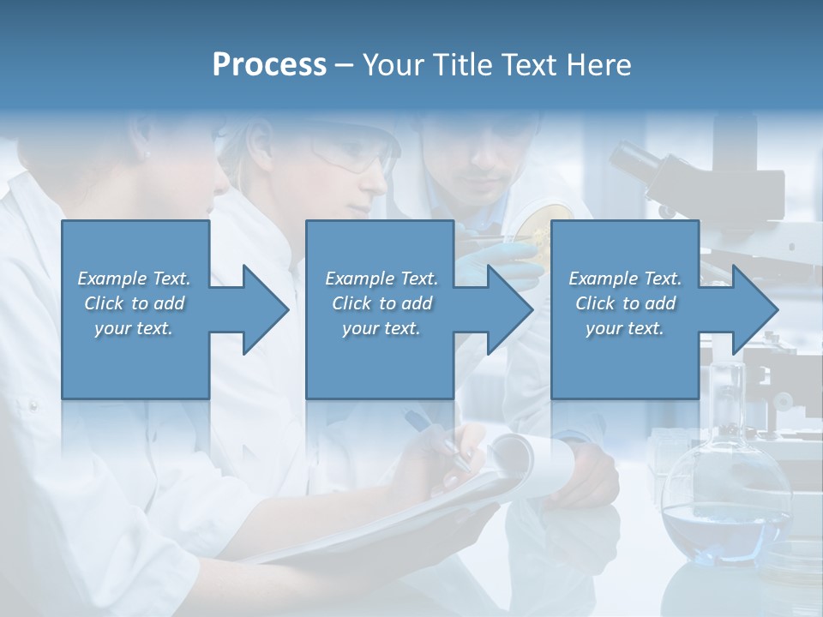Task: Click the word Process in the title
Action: [269, 65]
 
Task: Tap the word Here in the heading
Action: [598, 65]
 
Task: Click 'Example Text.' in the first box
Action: [134, 279]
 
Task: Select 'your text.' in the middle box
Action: [381, 328]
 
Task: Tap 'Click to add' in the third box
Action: [625, 303]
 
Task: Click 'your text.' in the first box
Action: [134, 328]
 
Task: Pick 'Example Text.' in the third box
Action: [625, 279]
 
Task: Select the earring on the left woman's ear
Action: [147, 155]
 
